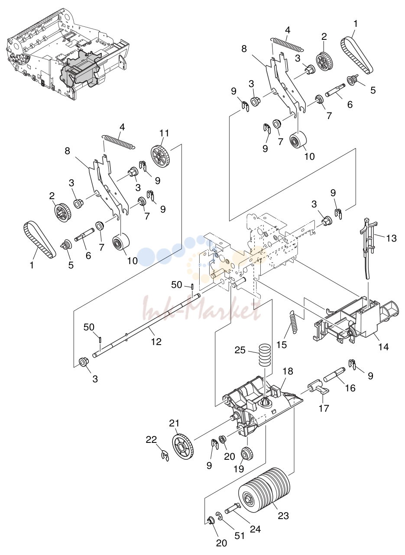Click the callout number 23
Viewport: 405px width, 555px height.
pos(284,516)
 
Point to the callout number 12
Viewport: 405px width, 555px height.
pos(156,342)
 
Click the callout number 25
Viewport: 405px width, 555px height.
pos(240,350)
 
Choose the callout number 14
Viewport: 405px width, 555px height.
pos(383,347)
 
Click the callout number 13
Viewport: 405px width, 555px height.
pos(391,239)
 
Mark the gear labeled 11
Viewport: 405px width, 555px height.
pos(160,157)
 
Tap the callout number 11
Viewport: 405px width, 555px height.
pos(164,133)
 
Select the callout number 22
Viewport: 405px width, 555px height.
pos(151,439)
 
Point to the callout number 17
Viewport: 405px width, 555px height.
pos(324,408)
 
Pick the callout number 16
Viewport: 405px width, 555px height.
pos(350,388)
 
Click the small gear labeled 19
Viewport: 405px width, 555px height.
pos(247,453)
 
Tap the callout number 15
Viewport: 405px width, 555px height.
pos(282,345)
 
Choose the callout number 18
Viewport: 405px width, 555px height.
pos(288,371)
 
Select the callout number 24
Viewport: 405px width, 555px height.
pos(255,529)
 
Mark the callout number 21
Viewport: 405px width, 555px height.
pos(174,423)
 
